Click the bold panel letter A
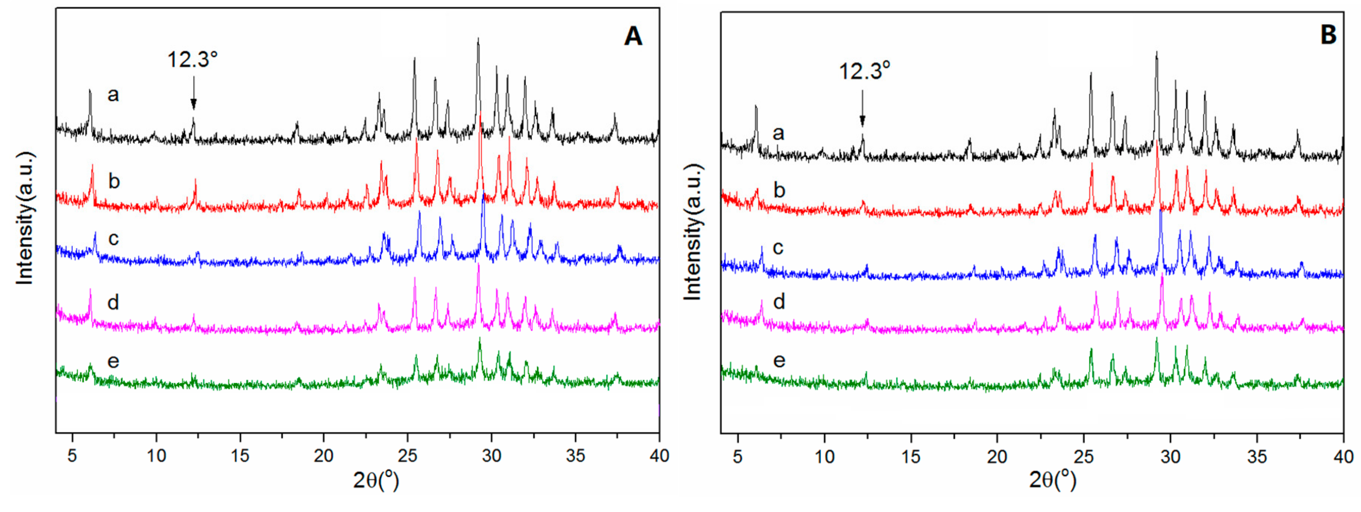633,37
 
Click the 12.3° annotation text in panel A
193,60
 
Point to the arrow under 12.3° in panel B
862,108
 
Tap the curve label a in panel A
113,95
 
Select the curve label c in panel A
113,239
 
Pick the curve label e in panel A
113,361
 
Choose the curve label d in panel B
779,302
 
